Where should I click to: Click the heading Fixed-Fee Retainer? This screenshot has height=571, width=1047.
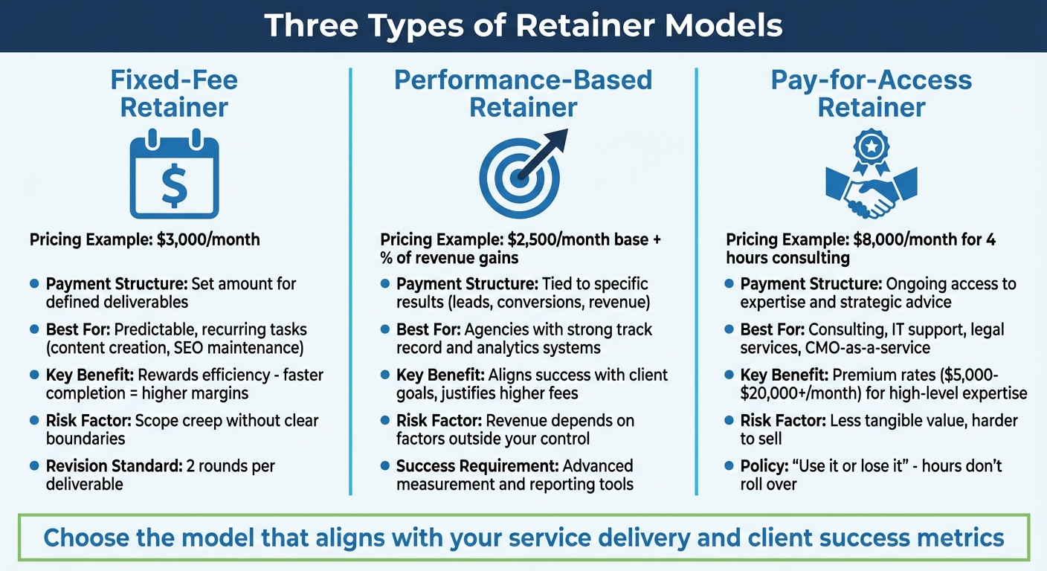(173, 93)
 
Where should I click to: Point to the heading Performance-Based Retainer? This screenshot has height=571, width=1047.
(523, 93)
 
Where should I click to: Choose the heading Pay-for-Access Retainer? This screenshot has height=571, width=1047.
(871, 93)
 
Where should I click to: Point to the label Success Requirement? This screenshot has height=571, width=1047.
(477, 467)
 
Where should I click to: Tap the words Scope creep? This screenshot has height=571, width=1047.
(181, 421)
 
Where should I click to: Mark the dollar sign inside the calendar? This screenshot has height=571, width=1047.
(174, 186)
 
